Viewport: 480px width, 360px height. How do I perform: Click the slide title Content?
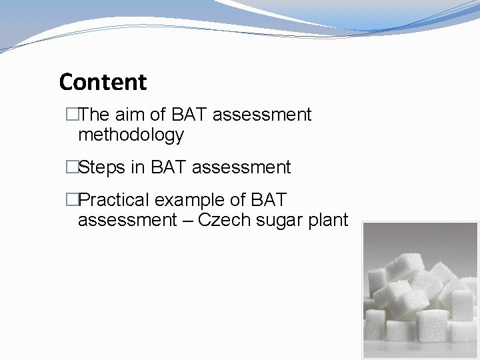click(x=103, y=82)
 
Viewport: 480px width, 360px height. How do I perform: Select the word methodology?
click(x=131, y=135)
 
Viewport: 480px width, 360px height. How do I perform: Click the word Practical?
click(x=114, y=200)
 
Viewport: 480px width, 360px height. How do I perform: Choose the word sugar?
click(x=279, y=221)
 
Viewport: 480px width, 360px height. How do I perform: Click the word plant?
click(x=328, y=221)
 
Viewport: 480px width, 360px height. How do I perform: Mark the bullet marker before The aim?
click(x=71, y=115)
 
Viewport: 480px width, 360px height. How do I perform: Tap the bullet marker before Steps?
click(x=71, y=167)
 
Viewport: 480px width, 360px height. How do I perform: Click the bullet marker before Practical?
click(x=71, y=200)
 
